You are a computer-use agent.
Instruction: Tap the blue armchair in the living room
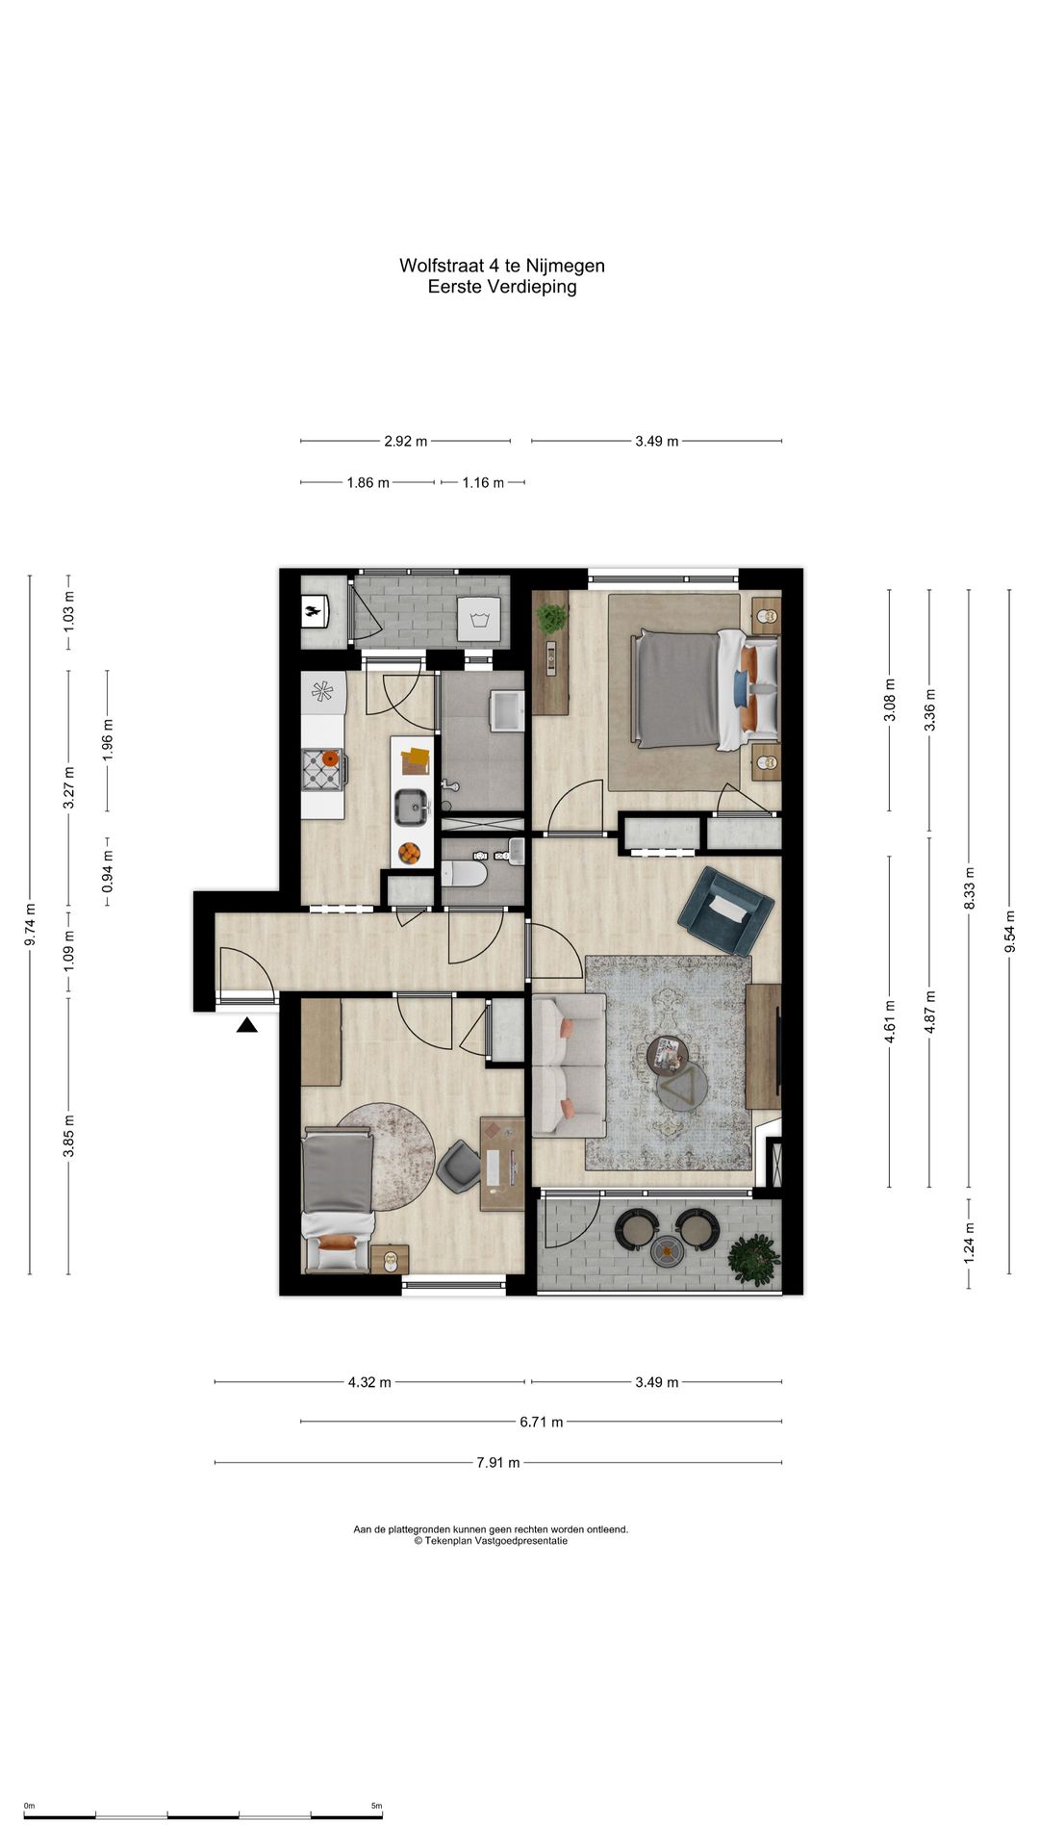click(725, 910)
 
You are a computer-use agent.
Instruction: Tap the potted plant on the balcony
click(752, 1257)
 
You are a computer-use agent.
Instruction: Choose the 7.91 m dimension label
click(498, 1463)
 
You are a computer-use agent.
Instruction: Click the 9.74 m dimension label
click(30, 925)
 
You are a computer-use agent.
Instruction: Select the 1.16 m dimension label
click(483, 482)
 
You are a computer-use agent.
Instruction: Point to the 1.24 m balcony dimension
click(970, 1243)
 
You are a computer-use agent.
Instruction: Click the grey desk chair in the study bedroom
click(459, 1165)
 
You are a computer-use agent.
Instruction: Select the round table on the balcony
click(667, 1250)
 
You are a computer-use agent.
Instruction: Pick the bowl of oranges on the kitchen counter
click(410, 853)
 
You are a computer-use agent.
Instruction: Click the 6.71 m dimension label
click(542, 1422)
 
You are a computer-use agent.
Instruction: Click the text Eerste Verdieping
click(502, 287)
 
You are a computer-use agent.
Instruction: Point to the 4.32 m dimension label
click(369, 1382)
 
